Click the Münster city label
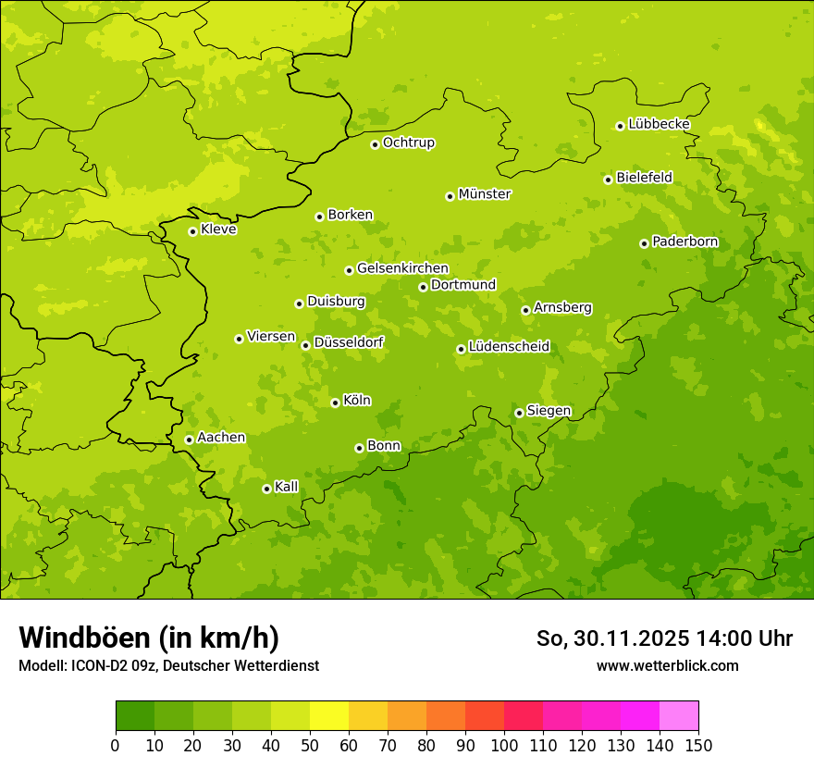tap(484, 194)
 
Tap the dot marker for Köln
tap(335, 403)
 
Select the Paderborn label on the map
tap(684, 242)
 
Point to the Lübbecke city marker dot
tap(620, 126)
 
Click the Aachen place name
tap(221, 438)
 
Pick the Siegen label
tap(549, 411)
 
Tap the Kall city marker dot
tap(266, 489)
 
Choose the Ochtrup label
tap(408, 142)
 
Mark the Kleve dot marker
tap(192, 231)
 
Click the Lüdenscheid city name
tap(509, 347)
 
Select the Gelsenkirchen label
tap(402, 268)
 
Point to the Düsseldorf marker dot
tap(305, 345)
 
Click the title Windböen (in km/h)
tap(149, 638)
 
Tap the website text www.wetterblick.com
tap(667, 665)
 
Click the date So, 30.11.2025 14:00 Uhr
tap(664, 638)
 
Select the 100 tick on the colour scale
tap(504, 745)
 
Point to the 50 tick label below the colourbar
tap(310, 745)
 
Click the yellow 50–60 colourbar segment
tap(329, 716)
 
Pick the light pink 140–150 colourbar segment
tap(679, 716)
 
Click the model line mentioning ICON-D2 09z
tap(168, 665)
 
